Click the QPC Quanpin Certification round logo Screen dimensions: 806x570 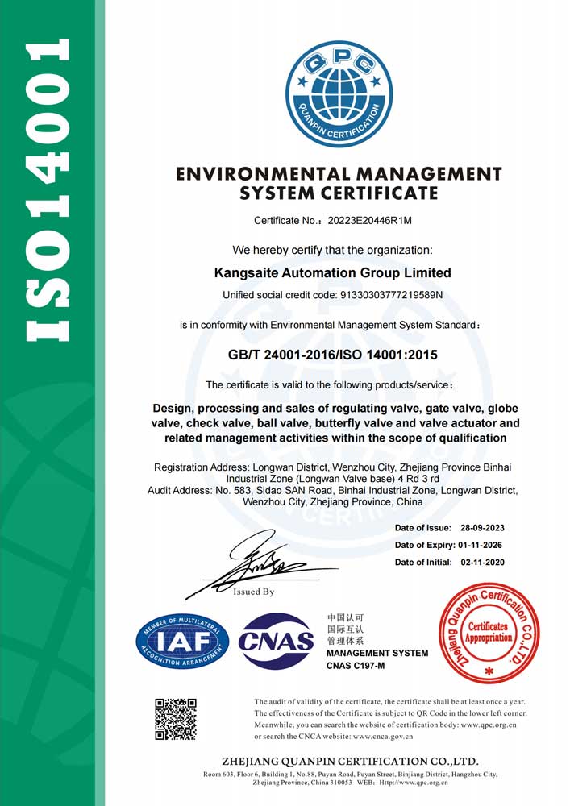[x=339, y=93]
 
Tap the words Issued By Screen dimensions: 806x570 [x=253, y=592]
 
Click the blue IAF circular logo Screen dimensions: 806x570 [x=182, y=640]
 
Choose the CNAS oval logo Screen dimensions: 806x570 [x=277, y=641]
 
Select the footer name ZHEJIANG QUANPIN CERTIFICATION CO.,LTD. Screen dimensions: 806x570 [x=350, y=762]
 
